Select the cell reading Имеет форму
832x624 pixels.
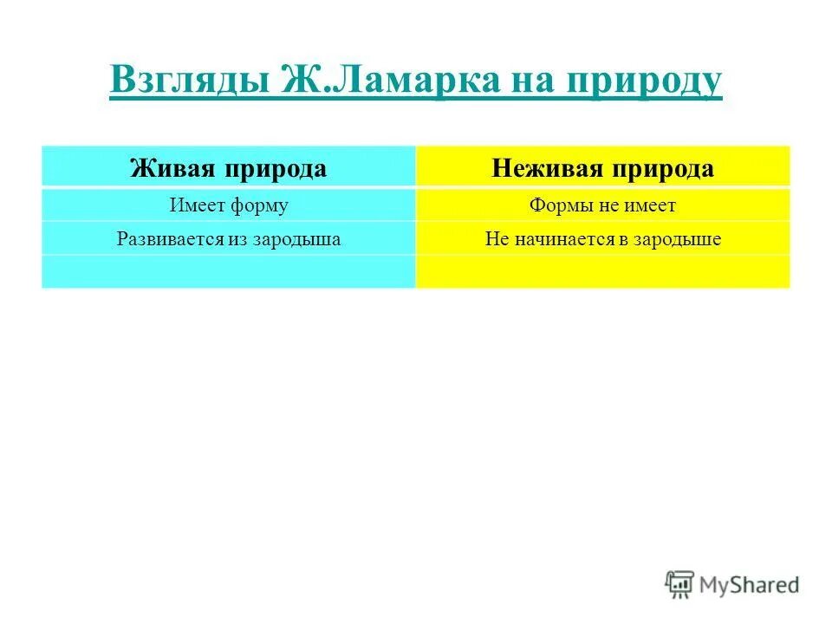[x=229, y=205]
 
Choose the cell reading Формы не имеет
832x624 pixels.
[x=602, y=205]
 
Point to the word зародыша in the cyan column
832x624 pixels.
[x=296, y=239]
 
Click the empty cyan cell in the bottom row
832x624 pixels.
[x=229, y=271]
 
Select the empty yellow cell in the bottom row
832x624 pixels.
[x=602, y=271]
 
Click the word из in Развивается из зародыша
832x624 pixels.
[x=239, y=239]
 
